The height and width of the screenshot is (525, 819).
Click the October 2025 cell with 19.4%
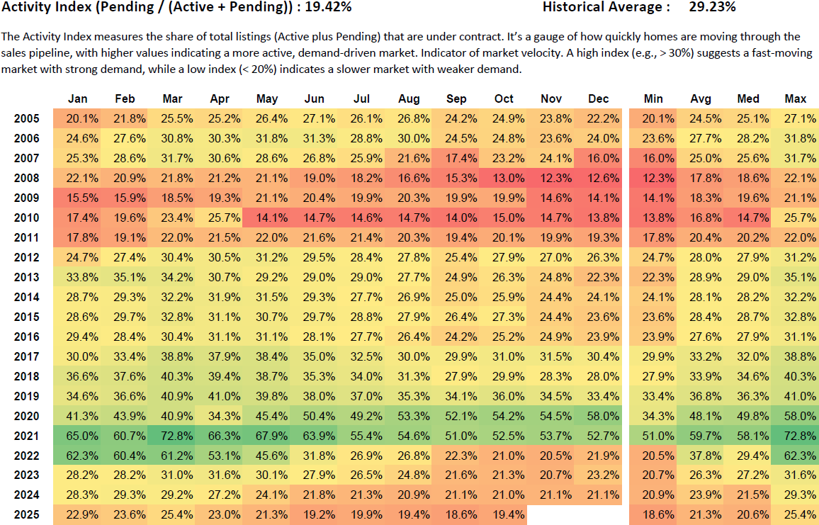point(504,514)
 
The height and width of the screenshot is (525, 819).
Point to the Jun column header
point(314,99)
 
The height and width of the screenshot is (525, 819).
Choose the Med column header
point(748,99)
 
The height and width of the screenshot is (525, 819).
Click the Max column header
point(796,99)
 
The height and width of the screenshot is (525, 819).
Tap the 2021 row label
point(27,436)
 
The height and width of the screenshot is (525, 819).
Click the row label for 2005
point(27,118)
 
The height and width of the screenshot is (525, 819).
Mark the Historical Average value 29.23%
point(712,8)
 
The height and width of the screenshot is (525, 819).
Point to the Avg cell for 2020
point(701,416)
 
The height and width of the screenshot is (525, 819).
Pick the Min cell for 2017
point(653,356)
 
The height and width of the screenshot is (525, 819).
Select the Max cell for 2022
point(796,456)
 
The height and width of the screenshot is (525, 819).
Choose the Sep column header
point(456,99)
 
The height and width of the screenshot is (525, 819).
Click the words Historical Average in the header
point(606,8)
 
